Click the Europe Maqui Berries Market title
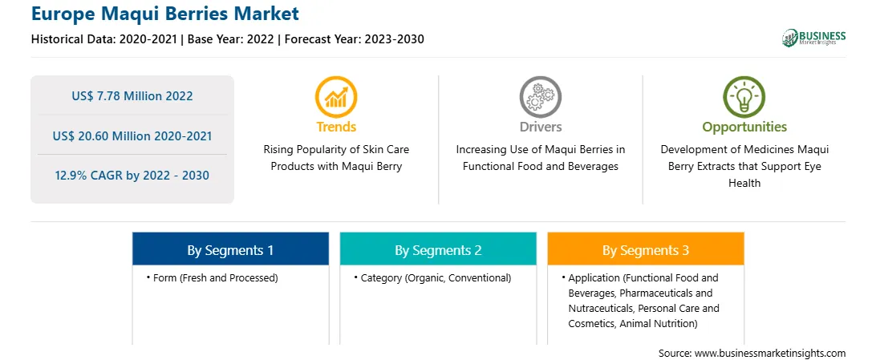[164, 14]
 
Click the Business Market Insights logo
[813, 38]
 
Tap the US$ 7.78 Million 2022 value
[132, 96]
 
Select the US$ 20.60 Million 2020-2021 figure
[132, 136]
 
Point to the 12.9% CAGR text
[132, 176]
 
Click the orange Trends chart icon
[336, 97]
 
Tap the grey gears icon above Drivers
[540, 97]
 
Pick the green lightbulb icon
[744, 97]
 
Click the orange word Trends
[336, 127]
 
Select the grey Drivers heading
[540, 127]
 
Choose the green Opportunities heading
[744, 127]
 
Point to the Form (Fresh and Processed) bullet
[213, 277]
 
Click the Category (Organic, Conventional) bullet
[432, 277]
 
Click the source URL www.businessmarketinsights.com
[770, 354]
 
